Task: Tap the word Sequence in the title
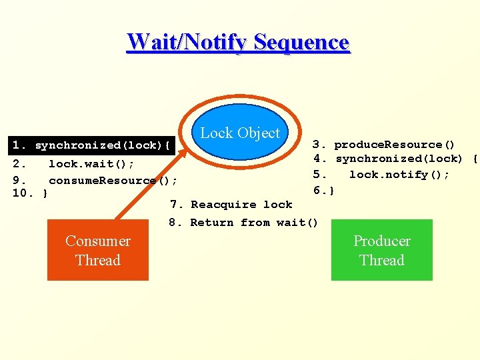tap(301, 42)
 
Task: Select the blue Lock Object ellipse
tap(240, 132)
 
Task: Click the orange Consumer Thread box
tap(97, 250)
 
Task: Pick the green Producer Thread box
tap(381, 250)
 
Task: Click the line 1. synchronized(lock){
tap(93, 145)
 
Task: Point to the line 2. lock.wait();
tap(73, 164)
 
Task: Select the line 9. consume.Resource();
tap(95, 181)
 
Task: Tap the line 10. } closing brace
tap(30, 194)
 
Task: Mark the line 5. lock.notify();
tap(381, 175)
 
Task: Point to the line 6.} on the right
tap(324, 191)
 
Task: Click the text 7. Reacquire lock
tap(231, 205)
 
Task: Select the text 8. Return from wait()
tap(244, 223)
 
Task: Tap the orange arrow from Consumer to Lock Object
tap(153, 180)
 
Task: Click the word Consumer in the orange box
tap(97, 241)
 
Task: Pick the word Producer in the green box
tap(381, 241)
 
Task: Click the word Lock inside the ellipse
tap(215, 133)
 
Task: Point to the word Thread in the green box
tap(381, 260)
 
